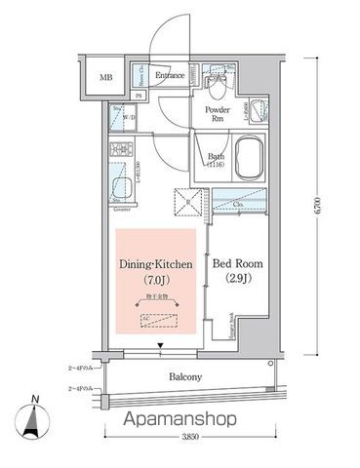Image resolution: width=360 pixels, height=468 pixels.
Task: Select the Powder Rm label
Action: (217, 114)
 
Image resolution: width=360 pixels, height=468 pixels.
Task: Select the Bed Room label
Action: (236, 264)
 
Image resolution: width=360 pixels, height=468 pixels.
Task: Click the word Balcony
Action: (183, 377)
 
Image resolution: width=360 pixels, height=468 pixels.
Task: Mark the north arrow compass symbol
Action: (34, 419)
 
